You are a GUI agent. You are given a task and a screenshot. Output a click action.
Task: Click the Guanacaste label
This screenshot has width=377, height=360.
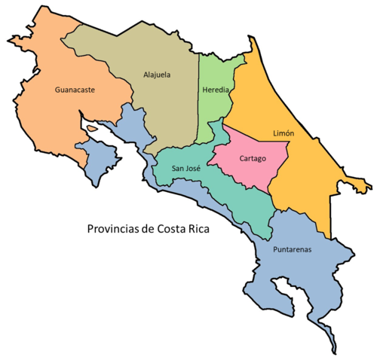click(75, 89)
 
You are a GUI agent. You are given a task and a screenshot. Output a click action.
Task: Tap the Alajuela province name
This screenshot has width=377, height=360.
click(157, 75)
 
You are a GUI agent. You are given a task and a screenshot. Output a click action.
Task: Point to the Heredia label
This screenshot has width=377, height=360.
click(216, 90)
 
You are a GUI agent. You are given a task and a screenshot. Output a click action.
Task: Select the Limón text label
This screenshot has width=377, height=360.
click(284, 133)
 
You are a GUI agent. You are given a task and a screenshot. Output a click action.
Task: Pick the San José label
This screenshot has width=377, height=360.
click(185, 169)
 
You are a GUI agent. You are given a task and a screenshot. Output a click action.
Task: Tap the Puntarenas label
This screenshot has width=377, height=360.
click(293, 249)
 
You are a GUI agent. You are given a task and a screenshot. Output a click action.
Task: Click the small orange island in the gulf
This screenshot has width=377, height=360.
click(93, 129)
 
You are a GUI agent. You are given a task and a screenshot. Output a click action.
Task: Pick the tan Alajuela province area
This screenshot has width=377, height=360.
click(162, 105)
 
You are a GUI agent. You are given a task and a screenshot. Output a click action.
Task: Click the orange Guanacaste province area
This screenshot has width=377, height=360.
click(53, 113)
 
